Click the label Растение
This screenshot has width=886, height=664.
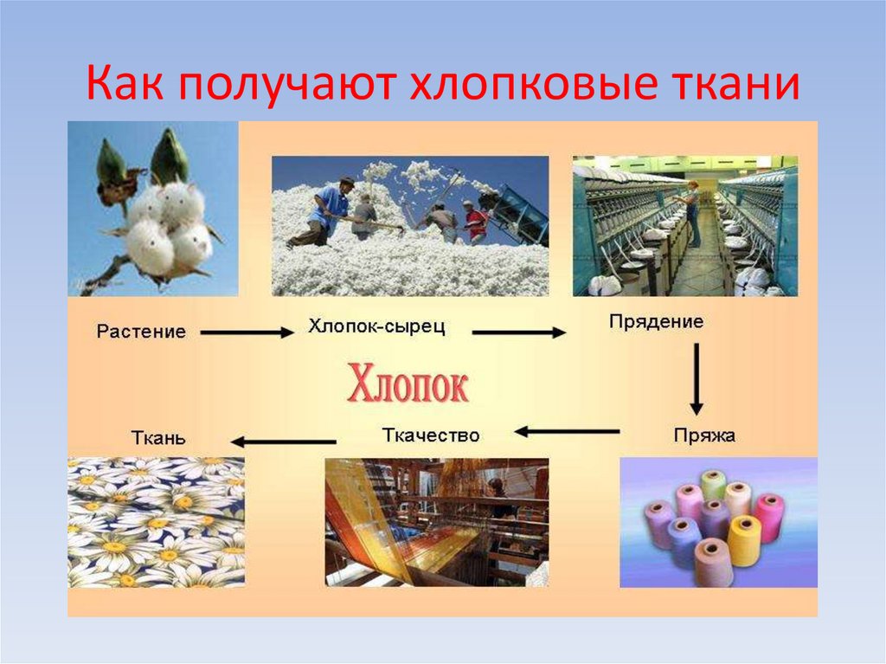coord(141,332)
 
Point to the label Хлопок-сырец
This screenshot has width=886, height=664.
coord(376,327)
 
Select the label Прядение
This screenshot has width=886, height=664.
coord(656,322)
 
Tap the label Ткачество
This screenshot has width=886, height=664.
coord(430,435)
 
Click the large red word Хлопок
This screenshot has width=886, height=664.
coord(408,384)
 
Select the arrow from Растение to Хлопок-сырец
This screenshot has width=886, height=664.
coord(247,332)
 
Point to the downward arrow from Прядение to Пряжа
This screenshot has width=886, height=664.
coord(696,379)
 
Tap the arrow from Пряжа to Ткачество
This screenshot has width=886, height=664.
coord(568,430)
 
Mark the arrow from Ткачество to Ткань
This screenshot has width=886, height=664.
coord(276,442)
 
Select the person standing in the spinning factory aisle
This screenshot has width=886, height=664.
coord(692,212)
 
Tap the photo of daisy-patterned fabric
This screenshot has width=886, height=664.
coord(156,523)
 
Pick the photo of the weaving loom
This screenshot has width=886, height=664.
coord(436,522)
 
